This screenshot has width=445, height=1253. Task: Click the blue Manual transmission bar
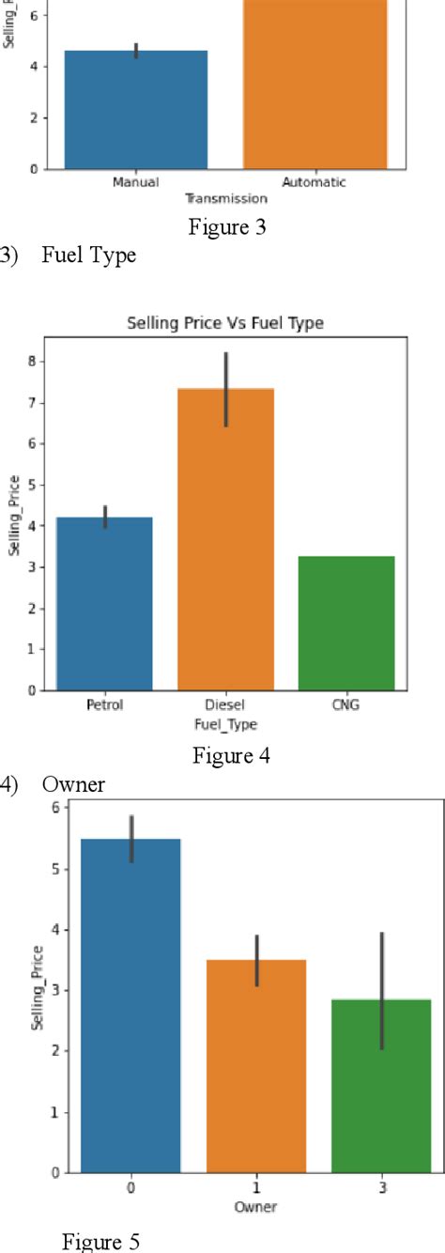(135, 110)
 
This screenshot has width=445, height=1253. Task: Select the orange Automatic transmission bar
(315, 85)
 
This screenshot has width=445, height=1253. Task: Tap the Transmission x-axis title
(225, 198)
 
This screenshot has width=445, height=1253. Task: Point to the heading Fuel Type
(89, 255)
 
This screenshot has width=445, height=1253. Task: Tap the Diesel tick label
(225, 704)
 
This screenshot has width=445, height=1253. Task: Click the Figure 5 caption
(101, 1242)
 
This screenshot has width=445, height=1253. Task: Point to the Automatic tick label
(315, 183)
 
